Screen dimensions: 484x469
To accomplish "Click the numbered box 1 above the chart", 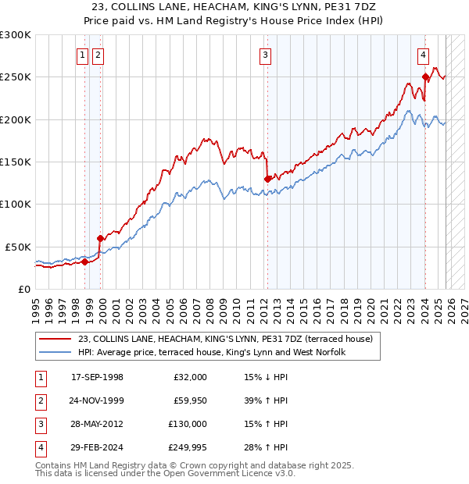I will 83,55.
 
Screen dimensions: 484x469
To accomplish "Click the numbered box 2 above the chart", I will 98,55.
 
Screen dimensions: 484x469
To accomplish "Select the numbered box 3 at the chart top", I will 266,55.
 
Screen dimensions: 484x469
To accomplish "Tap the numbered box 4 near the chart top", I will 423,55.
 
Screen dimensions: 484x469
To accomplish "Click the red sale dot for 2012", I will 267,179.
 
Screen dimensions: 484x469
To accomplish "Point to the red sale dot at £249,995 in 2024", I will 425,77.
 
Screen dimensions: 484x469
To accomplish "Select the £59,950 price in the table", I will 189,400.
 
